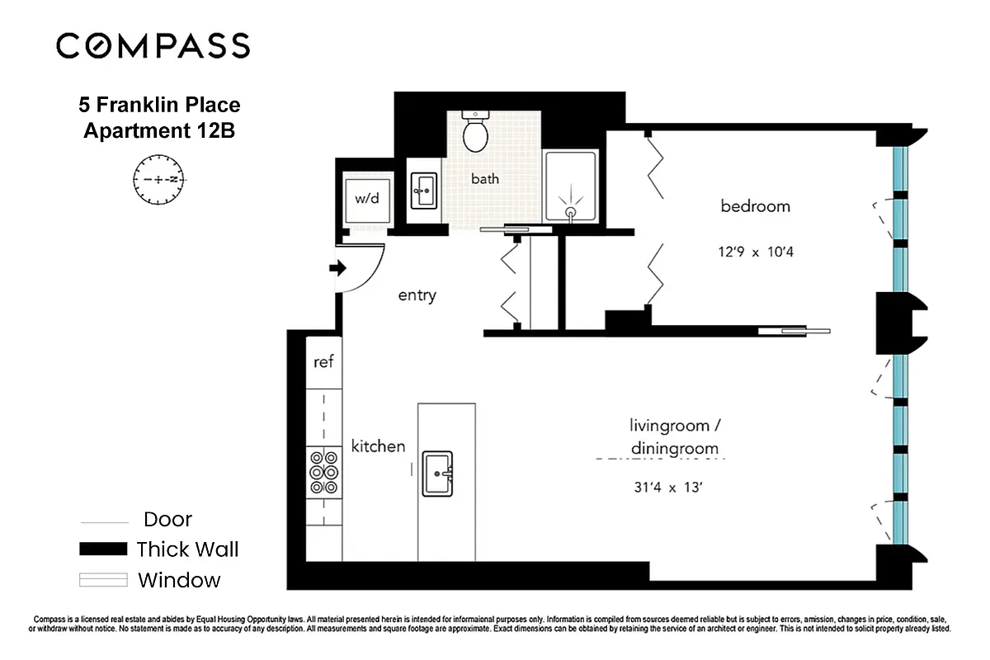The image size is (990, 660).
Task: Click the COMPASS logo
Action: tap(153, 45)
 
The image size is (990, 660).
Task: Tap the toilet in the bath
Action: tap(476, 132)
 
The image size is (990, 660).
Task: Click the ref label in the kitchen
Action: tap(323, 362)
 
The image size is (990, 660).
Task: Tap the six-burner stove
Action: tap(323, 472)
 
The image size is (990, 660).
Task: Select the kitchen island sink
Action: tap(437, 474)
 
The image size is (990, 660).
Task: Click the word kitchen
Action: tap(378, 446)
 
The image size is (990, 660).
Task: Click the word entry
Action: tap(417, 295)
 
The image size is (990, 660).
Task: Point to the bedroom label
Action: tap(755, 206)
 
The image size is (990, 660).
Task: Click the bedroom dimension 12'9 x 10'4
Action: tap(755, 252)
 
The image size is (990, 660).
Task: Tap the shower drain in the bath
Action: tap(570, 212)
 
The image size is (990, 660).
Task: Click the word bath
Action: tap(484, 178)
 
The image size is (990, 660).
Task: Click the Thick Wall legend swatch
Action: tap(103, 549)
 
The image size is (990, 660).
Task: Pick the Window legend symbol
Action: tap(103, 580)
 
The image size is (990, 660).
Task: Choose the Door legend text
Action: tap(167, 520)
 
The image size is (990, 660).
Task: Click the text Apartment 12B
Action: tap(159, 130)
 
